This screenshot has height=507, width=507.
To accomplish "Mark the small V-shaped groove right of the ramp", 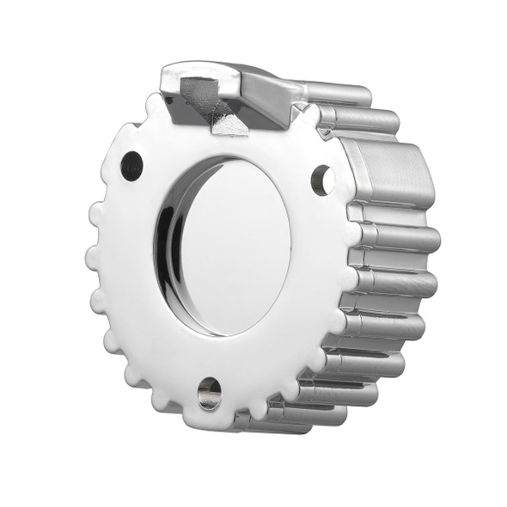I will coord(300,110).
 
